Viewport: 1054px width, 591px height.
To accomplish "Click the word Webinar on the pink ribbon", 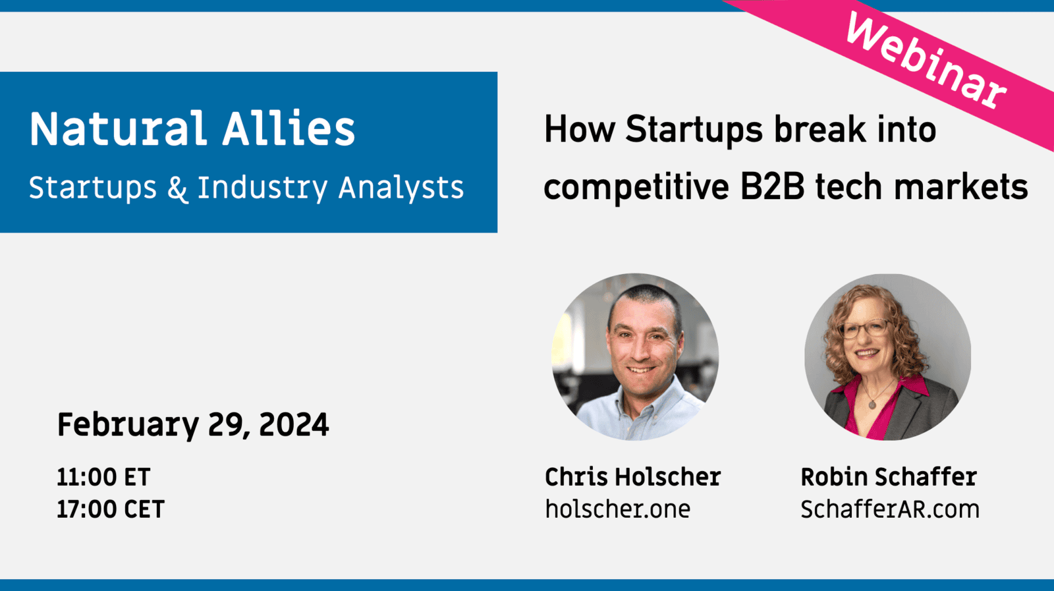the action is [926, 59].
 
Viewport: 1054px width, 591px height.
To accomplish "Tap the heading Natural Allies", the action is [192, 128].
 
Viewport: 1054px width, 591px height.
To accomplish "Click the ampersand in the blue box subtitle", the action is [177, 188].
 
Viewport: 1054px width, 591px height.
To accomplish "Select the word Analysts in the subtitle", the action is [401, 188].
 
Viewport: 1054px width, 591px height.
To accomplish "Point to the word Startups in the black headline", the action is [694, 129].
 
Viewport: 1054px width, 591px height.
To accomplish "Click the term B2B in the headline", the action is [771, 187].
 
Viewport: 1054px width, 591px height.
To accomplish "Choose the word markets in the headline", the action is [961, 187].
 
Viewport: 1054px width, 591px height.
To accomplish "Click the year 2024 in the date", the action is [294, 425].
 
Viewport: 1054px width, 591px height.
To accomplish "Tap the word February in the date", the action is [128, 426].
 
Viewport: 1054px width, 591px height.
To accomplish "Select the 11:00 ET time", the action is [103, 477].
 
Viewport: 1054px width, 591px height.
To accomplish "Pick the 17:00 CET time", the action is [111, 509].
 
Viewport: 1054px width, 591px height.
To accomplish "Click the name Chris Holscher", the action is [633, 477].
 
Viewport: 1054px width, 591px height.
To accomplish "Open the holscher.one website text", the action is [618, 509].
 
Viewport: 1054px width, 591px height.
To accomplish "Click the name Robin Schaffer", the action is [889, 477].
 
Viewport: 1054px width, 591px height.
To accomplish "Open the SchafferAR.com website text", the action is [890, 509].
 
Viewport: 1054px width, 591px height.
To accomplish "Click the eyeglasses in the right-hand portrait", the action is [865, 328].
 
